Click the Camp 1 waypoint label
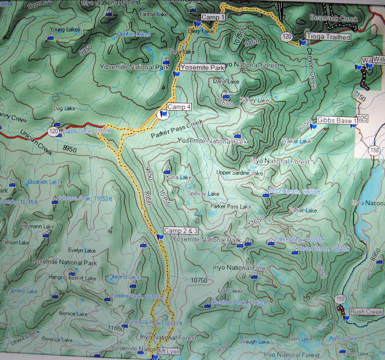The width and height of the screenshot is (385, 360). pos(213,17)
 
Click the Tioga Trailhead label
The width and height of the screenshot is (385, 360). pos(328,37)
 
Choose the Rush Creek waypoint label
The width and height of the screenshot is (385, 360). pos(366,311)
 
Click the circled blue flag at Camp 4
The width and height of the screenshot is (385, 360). pos(163,114)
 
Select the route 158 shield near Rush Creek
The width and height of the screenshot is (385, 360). pos(340,299)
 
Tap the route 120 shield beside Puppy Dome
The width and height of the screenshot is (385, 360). pos(54,131)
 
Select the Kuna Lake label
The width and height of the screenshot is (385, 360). pos(179,177)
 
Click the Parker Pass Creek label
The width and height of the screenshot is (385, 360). pos(177,130)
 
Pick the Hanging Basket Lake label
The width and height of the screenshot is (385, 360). pos(72,278)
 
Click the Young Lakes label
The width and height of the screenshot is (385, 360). pos(65,29)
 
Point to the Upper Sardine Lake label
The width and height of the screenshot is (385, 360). pos(239,173)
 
